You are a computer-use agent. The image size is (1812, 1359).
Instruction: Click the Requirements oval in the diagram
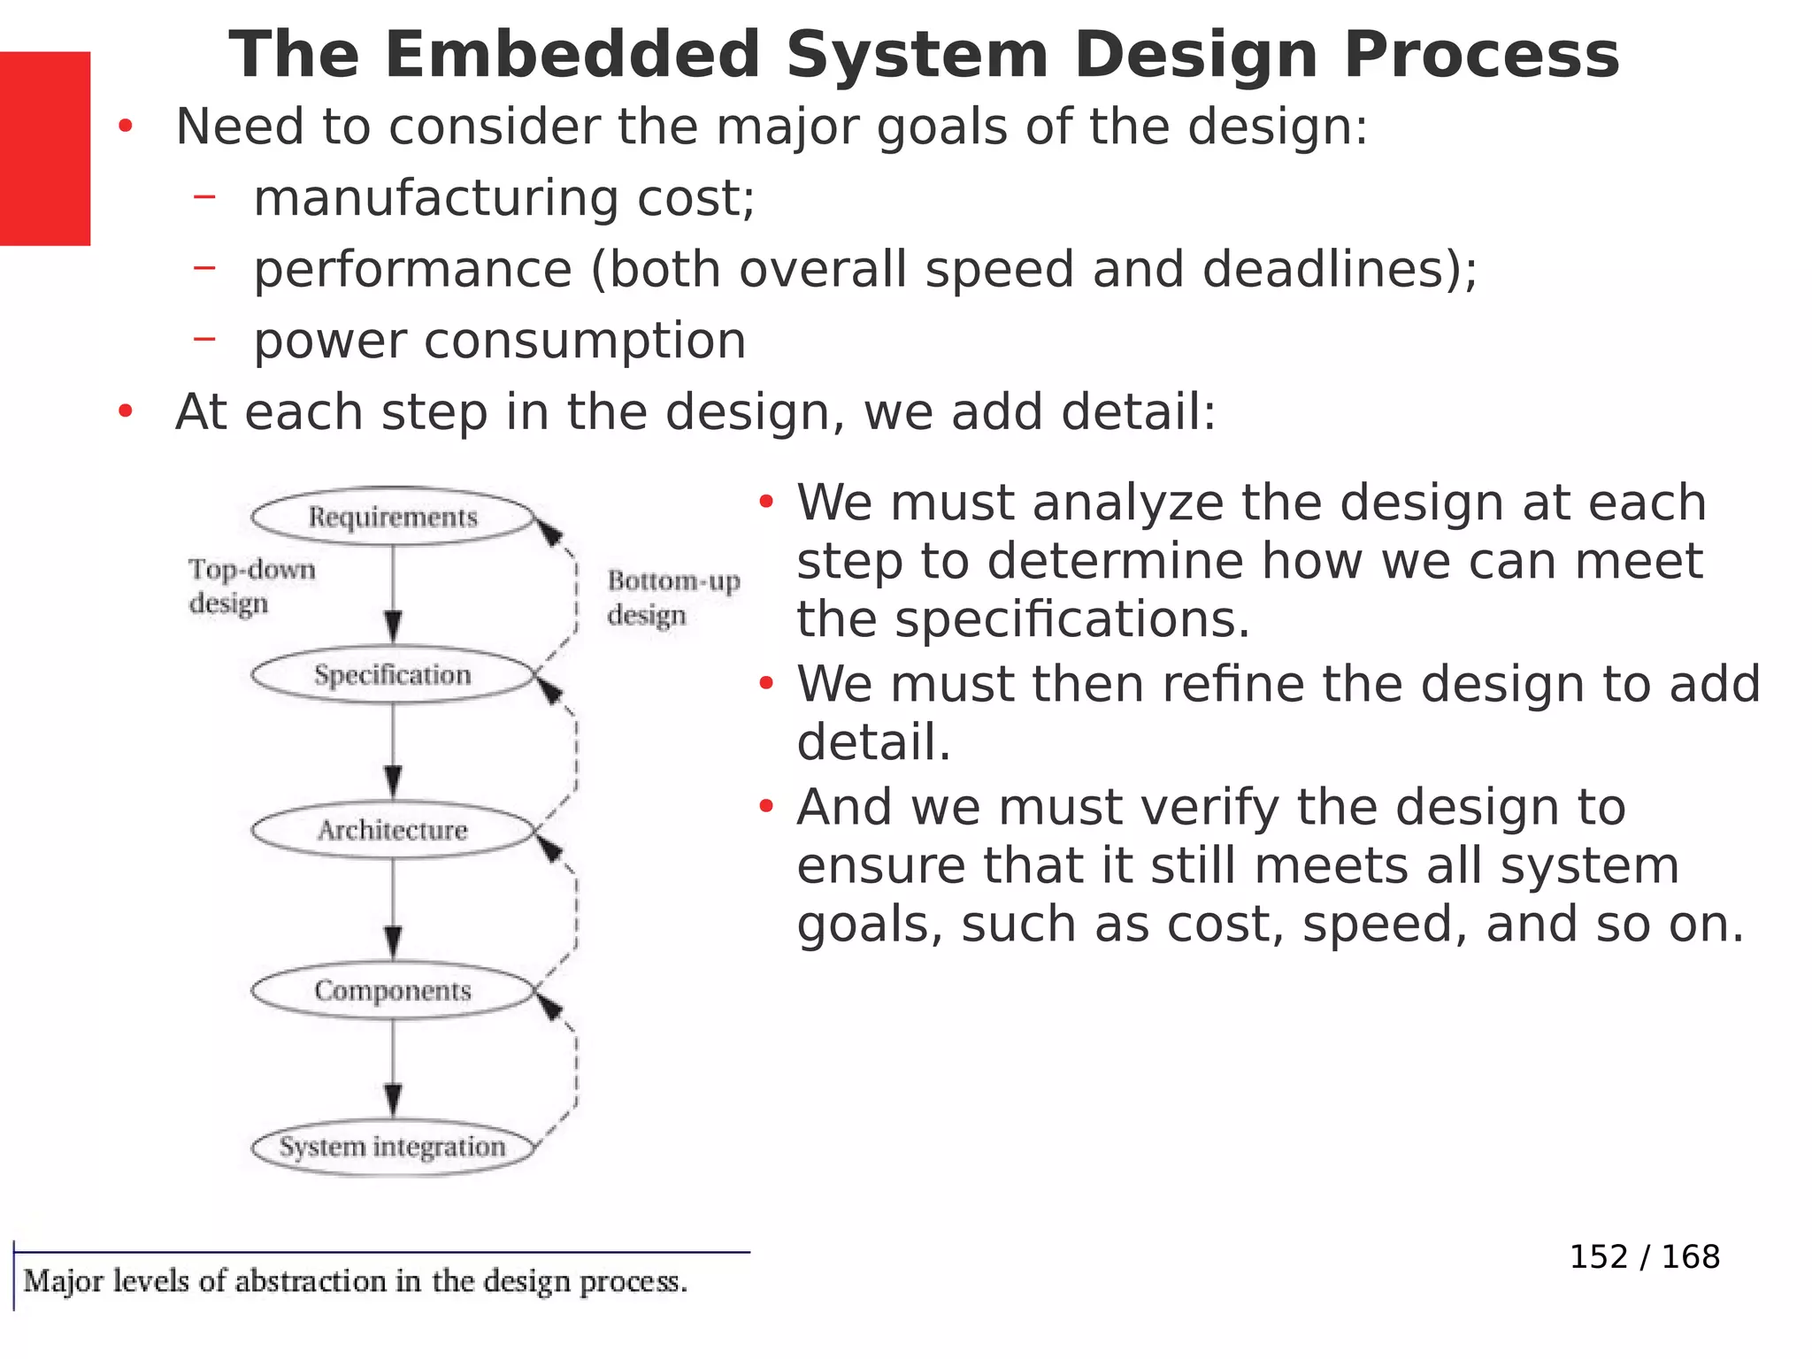click(393, 517)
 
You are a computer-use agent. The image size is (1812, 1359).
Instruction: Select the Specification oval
click(393, 675)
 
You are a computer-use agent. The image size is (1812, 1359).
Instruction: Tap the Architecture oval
click(393, 830)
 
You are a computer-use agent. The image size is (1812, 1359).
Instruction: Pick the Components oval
click(393, 990)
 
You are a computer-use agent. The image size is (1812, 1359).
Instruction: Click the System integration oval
click(393, 1147)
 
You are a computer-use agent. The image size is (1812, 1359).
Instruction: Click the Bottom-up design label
click(672, 597)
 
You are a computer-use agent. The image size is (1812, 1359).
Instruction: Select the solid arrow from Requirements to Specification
click(394, 593)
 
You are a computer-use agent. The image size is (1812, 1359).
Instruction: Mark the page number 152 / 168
click(1644, 1256)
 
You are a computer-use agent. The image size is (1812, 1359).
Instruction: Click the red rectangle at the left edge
click(44, 148)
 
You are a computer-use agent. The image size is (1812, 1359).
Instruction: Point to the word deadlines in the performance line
click(1323, 269)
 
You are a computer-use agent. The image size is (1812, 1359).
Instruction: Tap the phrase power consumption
click(500, 341)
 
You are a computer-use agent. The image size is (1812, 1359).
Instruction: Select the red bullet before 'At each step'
click(126, 411)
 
